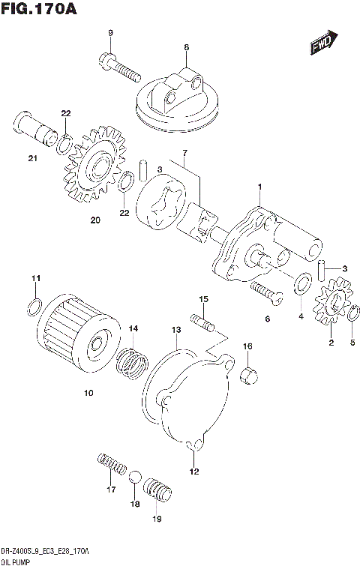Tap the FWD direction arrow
tap(323, 43)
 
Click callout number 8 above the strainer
tap(186, 47)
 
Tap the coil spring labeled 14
tap(133, 361)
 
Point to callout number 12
tap(194, 472)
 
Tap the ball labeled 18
tap(135, 480)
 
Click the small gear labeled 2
tap(328, 307)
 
